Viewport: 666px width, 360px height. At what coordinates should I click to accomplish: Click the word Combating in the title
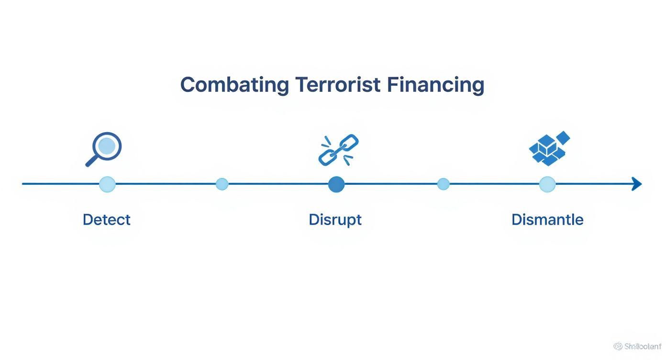[x=234, y=85]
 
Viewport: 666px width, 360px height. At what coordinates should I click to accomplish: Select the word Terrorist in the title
[x=338, y=85]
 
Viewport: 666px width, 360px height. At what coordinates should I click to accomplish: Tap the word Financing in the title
[x=435, y=85]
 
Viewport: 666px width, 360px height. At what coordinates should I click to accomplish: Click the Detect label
[x=106, y=220]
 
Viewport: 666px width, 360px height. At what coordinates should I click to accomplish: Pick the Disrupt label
[x=335, y=220]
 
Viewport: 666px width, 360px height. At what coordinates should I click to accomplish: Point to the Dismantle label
[x=547, y=220]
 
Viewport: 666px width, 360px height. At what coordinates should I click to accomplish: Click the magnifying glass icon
[x=104, y=149]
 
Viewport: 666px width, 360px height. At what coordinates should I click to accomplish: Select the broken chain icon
[x=338, y=150]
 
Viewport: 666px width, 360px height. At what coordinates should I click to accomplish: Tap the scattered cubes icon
[x=549, y=148]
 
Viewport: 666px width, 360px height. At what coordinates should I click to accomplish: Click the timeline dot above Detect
[x=107, y=184]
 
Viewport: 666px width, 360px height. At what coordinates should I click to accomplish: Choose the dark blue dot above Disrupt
[x=336, y=184]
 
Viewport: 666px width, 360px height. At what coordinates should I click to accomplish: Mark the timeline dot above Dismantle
[x=547, y=184]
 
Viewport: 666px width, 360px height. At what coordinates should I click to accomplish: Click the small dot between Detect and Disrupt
[x=222, y=184]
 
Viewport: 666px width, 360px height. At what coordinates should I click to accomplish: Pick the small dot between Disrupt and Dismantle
[x=444, y=184]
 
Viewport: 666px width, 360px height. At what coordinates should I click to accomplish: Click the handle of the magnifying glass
[x=91, y=161]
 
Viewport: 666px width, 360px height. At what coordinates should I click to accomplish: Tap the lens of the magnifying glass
[x=107, y=145]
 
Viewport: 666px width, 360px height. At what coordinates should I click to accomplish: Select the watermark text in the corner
[x=638, y=346]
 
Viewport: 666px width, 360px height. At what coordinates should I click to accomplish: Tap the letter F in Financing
[x=392, y=85]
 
